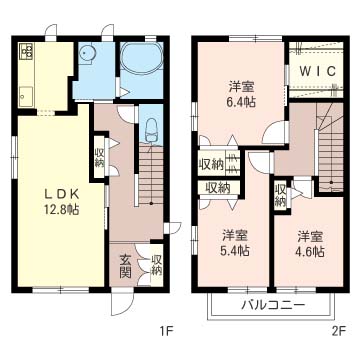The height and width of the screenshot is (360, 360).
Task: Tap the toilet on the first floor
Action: coord(149,130)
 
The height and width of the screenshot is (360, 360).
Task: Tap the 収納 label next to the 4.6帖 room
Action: coord(281,194)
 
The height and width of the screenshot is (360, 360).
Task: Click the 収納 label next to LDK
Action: coord(100,157)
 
